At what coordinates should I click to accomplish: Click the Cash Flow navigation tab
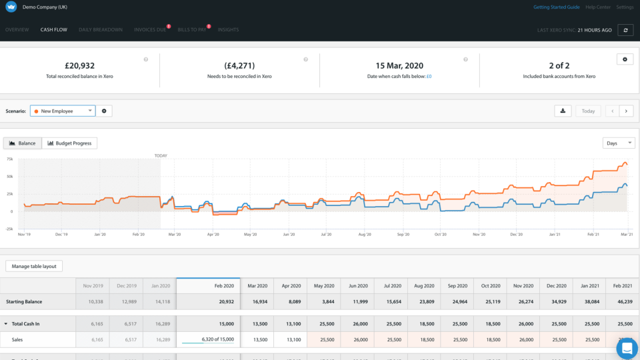click(53, 30)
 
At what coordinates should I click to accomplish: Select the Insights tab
click(228, 30)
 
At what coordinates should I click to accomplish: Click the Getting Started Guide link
click(556, 7)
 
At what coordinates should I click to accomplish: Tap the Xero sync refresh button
click(625, 30)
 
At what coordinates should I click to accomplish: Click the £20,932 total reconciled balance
click(79, 65)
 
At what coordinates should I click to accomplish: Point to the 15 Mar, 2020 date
click(399, 65)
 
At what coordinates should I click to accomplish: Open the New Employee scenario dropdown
click(63, 111)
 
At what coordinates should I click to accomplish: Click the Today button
click(588, 111)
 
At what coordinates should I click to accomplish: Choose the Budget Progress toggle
click(69, 143)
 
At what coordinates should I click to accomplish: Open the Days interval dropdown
click(618, 143)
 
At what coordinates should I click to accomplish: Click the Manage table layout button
click(34, 266)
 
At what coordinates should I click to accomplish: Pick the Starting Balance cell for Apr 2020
click(290, 302)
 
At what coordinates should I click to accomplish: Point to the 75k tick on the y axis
click(9, 159)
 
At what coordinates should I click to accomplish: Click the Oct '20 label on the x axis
click(441, 235)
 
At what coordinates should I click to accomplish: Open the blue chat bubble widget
click(627, 347)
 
